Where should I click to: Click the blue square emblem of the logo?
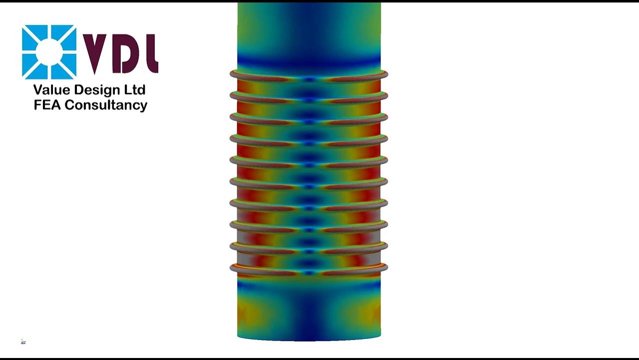(x=49, y=52)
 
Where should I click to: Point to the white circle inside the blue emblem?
(x=49, y=52)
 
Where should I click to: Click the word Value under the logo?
(x=51, y=90)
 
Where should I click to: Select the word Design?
(x=97, y=90)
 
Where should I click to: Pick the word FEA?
(x=47, y=105)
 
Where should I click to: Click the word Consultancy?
(x=106, y=105)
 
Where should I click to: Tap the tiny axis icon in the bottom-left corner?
(x=23, y=342)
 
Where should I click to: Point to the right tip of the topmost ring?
(x=386, y=74)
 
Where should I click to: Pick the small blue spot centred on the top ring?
(x=310, y=79)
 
